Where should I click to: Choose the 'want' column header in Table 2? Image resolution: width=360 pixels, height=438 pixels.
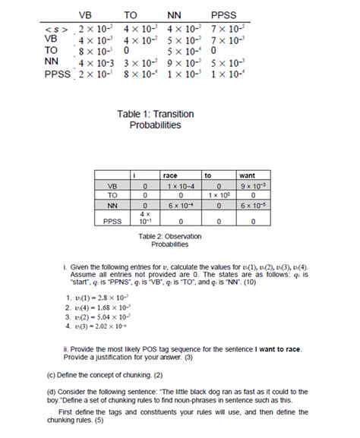coord(247,175)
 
